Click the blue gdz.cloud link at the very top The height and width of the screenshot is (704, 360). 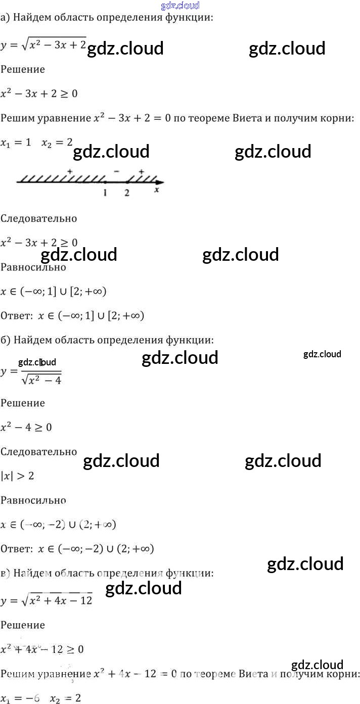pyautogui.click(x=179, y=6)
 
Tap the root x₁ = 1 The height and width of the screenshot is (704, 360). pyautogui.click(x=16, y=143)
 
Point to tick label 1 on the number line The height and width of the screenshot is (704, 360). pyautogui.click(x=105, y=193)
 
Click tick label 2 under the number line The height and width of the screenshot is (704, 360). pyautogui.click(x=126, y=193)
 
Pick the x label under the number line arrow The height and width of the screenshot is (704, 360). pyautogui.click(x=157, y=190)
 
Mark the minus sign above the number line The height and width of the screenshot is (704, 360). pyautogui.click(x=116, y=172)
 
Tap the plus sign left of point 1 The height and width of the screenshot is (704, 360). pyautogui.click(x=70, y=172)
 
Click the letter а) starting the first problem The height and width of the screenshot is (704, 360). pyautogui.click(x=5, y=18)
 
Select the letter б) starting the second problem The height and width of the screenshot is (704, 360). pyautogui.click(x=5, y=341)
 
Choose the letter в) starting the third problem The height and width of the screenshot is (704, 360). pyautogui.click(x=5, y=573)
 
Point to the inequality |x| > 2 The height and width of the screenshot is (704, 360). pyautogui.click(x=17, y=476)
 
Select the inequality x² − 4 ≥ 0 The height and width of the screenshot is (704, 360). pyautogui.click(x=26, y=427)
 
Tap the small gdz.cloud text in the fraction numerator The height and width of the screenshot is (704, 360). pyautogui.click(x=36, y=362)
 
